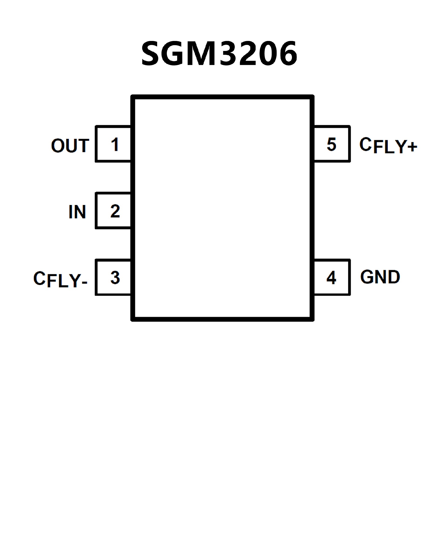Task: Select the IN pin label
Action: pyautogui.click(x=77, y=212)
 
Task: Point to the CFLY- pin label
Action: pyautogui.click(x=61, y=279)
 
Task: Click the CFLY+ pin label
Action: pyautogui.click(x=388, y=145)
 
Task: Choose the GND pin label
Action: pyautogui.click(x=380, y=277)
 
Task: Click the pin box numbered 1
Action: pyautogui.click(x=113, y=144)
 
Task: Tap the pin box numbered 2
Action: pyautogui.click(x=113, y=211)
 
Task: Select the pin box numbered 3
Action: pyautogui.click(x=113, y=277)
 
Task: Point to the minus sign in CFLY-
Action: pyautogui.click(x=85, y=282)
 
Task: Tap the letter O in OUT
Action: pyautogui.click(x=58, y=146)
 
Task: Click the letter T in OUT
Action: pyautogui.click(x=83, y=146)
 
